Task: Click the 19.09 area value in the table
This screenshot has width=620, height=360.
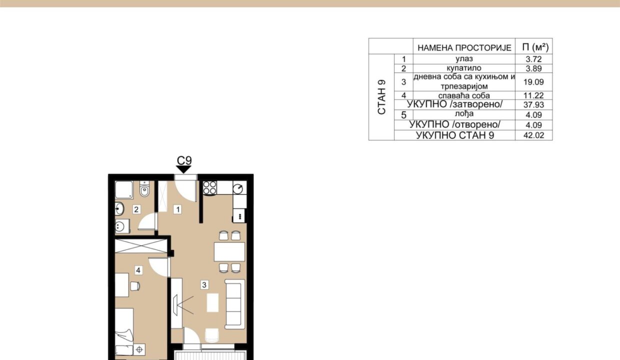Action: [533, 82]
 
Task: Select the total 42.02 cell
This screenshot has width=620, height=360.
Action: [533, 135]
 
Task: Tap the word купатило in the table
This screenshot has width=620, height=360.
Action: [464, 68]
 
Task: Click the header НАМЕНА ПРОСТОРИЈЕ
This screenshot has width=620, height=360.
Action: [464, 48]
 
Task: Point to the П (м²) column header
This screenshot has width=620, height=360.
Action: [535, 47]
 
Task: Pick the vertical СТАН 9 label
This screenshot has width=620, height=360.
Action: [381, 97]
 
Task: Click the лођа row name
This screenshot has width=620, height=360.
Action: [464, 113]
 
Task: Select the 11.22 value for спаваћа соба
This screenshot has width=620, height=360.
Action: [533, 95]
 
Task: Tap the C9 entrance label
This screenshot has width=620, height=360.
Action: [184, 160]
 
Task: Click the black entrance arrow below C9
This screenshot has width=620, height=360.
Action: [183, 169]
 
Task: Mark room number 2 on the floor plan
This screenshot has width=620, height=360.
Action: [136, 209]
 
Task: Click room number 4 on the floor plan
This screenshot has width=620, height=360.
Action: [138, 270]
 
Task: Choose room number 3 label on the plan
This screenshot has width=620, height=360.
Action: [204, 284]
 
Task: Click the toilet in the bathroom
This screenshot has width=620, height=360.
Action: [144, 188]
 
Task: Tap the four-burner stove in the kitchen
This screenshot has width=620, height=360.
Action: [210, 187]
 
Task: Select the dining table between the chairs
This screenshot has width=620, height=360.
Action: [229, 252]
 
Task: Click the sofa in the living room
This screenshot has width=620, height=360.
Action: [234, 304]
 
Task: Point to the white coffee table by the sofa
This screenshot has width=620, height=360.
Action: [212, 302]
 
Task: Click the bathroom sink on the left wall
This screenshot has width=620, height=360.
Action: [119, 208]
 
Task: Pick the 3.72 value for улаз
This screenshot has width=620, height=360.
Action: [533, 59]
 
